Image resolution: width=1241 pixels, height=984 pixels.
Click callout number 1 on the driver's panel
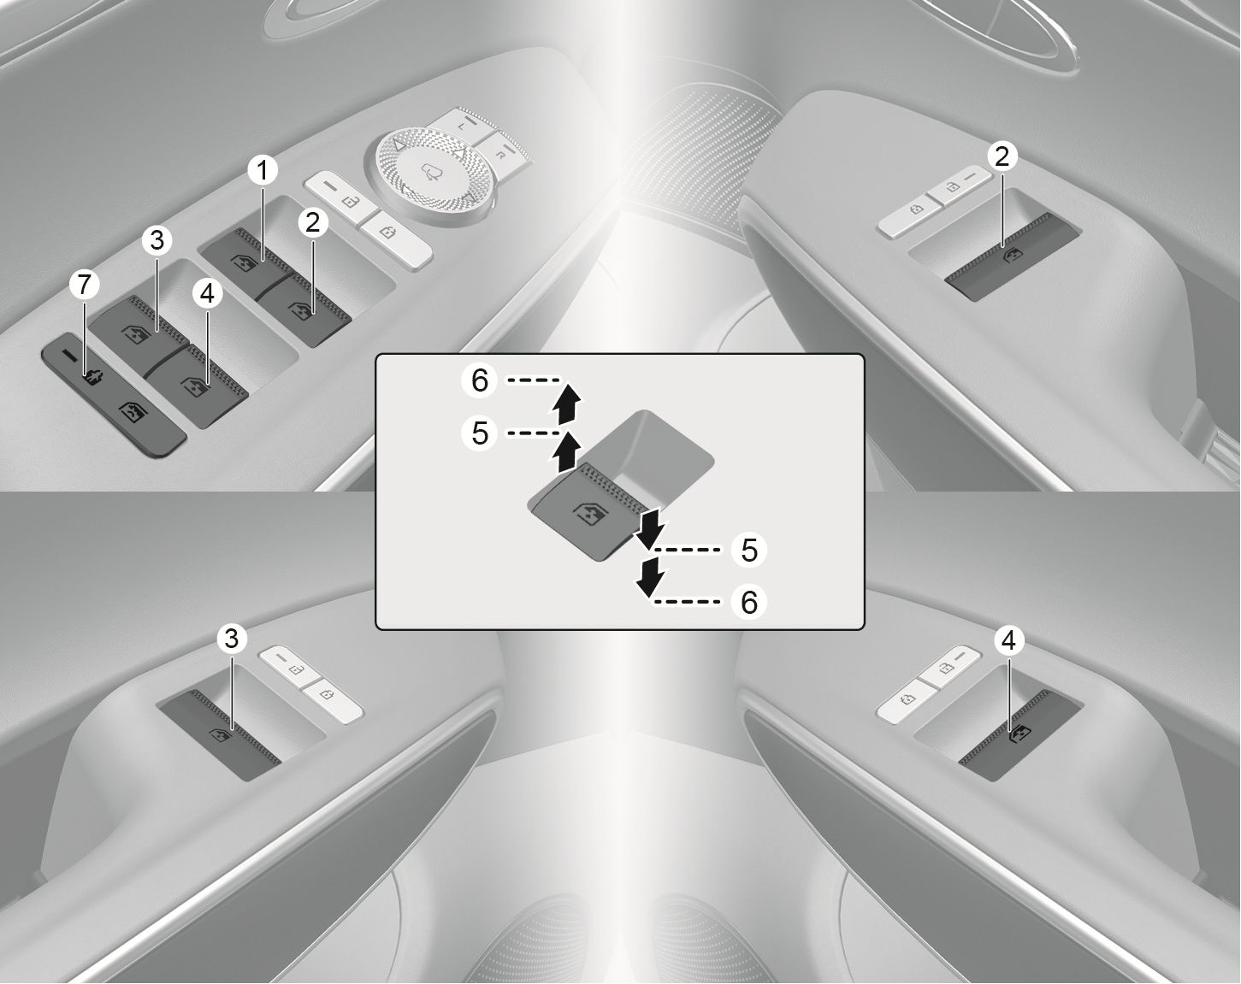point(263,172)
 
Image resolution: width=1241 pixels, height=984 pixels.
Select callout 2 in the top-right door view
point(1002,156)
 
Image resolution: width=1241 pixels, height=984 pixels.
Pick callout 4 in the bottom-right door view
point(1008,640)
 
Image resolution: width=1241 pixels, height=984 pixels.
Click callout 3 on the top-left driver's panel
point(156,240)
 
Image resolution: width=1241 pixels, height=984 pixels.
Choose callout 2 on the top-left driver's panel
point(312,223)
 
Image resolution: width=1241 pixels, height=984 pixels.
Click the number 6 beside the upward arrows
point(480,380)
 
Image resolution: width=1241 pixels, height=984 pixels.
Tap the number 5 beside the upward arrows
point(480,433)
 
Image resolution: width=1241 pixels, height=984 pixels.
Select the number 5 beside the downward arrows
point(749,550)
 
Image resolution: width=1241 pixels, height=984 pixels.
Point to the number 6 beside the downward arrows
point(749,603)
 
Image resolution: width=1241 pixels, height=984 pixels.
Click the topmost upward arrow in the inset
point(565,404)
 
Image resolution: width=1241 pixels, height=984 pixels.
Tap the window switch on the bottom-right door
point(1018,737)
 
